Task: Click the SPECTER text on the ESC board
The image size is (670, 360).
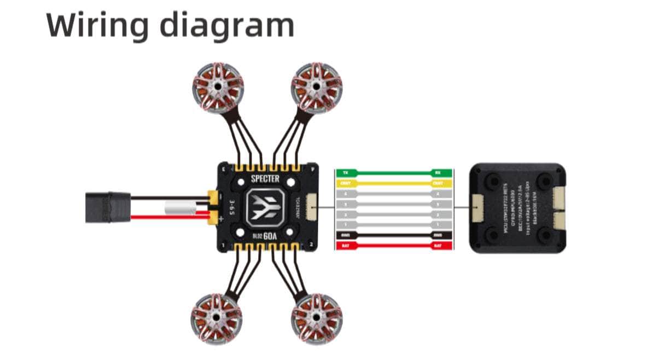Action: tap(265, 179)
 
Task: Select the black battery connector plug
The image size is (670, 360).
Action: tap(108, 207)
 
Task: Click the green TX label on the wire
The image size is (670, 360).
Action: tap(345, 173)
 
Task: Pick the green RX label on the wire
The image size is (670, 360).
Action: tap(438, 173)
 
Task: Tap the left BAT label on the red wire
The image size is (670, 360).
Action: tap(345, 246)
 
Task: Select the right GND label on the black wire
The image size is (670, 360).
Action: tap(438, 235)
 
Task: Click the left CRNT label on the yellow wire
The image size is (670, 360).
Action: tap(345, 183)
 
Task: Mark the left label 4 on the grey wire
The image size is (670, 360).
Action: tap(345, 194)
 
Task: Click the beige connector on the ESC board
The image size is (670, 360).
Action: tap(313, 207)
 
